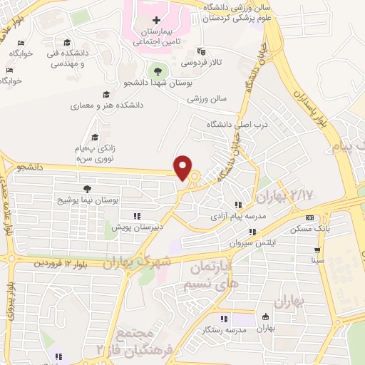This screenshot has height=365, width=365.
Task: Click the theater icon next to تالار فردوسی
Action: (202, 51)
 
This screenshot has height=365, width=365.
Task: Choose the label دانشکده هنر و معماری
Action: (106, 106)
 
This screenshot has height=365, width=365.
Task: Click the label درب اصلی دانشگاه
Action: (236, 125)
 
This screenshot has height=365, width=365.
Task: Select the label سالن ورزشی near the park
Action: (207, 99)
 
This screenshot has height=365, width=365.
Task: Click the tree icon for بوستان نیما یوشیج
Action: (87, 189)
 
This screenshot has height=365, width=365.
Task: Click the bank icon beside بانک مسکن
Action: (309, 217)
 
